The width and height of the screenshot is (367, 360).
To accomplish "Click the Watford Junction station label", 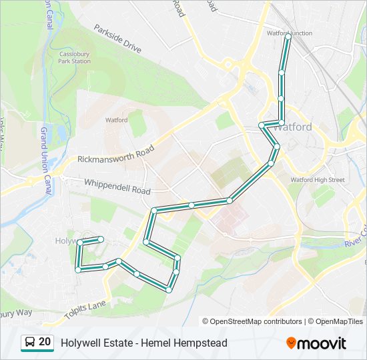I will click(289, 33).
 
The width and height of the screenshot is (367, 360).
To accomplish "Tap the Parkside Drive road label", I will click(118, 39).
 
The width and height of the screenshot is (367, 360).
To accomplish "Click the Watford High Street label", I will click(317, 179).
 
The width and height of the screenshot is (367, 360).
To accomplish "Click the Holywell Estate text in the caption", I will click(93, 343).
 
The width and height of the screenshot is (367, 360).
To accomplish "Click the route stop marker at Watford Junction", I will click(288, 38).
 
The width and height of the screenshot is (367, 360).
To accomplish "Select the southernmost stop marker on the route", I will click(169, 289).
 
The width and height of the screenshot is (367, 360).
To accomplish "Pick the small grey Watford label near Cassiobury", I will click(116, 121).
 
